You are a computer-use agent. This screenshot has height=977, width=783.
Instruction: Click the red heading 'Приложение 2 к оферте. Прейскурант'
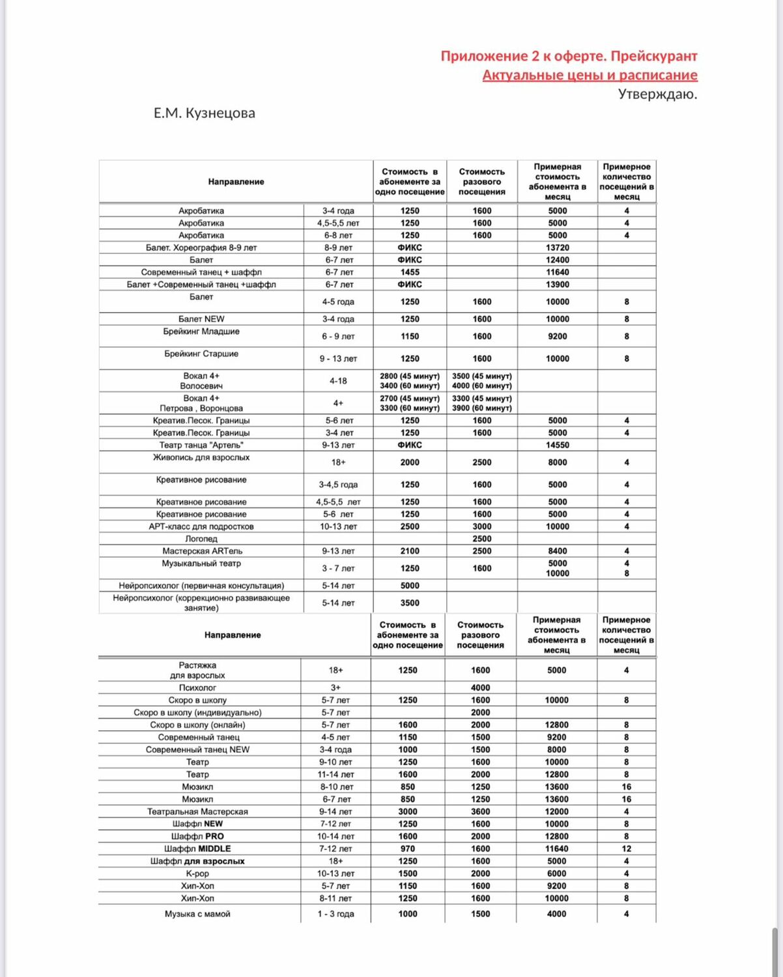pyautogui.click(x=569, y=56)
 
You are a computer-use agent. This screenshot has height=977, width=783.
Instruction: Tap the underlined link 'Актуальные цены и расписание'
pyautogui.click(x=590, y=75)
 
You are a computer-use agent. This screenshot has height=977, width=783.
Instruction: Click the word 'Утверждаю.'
pyautogui.click(x=657, y=94)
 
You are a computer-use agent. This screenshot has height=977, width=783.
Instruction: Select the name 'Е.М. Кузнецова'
pyautogui.click(x=205, y=113)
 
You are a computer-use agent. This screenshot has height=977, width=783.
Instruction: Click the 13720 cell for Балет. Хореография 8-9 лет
pyautogui.click(x=557, y=248)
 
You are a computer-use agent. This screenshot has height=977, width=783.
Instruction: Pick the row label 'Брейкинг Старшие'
pyautogui.click(x=201, y=354)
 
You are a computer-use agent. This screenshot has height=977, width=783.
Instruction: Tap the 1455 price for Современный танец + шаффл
pyautogui.click(x=410, y=272)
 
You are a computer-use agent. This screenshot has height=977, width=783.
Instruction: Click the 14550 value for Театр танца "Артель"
pyautogui.click(x=557, y=445)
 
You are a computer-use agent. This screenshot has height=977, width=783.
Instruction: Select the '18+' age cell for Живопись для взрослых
pyautogui.click(x=338, y=462)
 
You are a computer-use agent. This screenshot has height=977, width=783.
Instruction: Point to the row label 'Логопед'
pyautogui.click(x=201, y=539)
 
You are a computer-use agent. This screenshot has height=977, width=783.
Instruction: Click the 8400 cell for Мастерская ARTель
pyautogui.click(x=557, y=551)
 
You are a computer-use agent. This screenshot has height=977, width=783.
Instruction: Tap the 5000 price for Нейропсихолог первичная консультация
pyautogui.click(x=410, y=586)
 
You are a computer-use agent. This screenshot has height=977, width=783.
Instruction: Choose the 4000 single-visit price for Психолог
pyautogui.click(x=481, y=688)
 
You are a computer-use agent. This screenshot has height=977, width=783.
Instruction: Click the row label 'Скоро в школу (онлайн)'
pyautogui.click(x=197, y=725)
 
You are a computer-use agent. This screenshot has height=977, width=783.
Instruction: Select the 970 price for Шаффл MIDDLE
pyautogui.click(x=408, y=849)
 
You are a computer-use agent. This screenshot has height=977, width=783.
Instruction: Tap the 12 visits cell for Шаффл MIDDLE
pyautogui.click(x=626, y=849)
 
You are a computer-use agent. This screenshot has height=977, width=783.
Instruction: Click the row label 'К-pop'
pyautogui.click(x=197, y=873)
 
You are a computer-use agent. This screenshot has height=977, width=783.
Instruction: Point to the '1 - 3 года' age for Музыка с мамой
pyautogui.click(x=335, y=914)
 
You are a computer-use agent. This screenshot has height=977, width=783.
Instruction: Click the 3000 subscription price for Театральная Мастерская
pyautogui.click(x=408, y=812)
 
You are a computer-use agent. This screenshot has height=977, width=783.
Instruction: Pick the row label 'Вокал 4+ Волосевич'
pyautogui.click(x=201, y=381)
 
